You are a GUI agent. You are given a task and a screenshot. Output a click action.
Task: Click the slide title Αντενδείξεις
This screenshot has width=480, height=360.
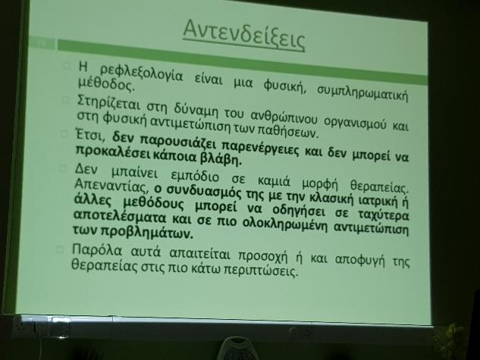[x=244, y=35]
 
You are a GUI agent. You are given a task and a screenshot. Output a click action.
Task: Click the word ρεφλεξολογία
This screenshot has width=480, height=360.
[x=142, y=74]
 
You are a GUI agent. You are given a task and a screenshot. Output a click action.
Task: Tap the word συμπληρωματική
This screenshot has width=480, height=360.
[x=362, y=92]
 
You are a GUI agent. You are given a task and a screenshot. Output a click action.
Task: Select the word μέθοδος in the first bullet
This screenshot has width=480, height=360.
[x=106, y=84]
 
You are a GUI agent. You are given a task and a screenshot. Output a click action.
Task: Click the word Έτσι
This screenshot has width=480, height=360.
[x=90, y=135]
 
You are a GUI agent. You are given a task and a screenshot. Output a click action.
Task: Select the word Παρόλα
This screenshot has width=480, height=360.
[x=97, y=251]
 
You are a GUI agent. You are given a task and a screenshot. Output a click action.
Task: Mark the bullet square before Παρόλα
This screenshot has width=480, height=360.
[x=60, y=249]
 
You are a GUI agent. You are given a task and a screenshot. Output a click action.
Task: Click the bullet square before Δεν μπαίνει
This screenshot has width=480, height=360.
[x=63, y=168]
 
